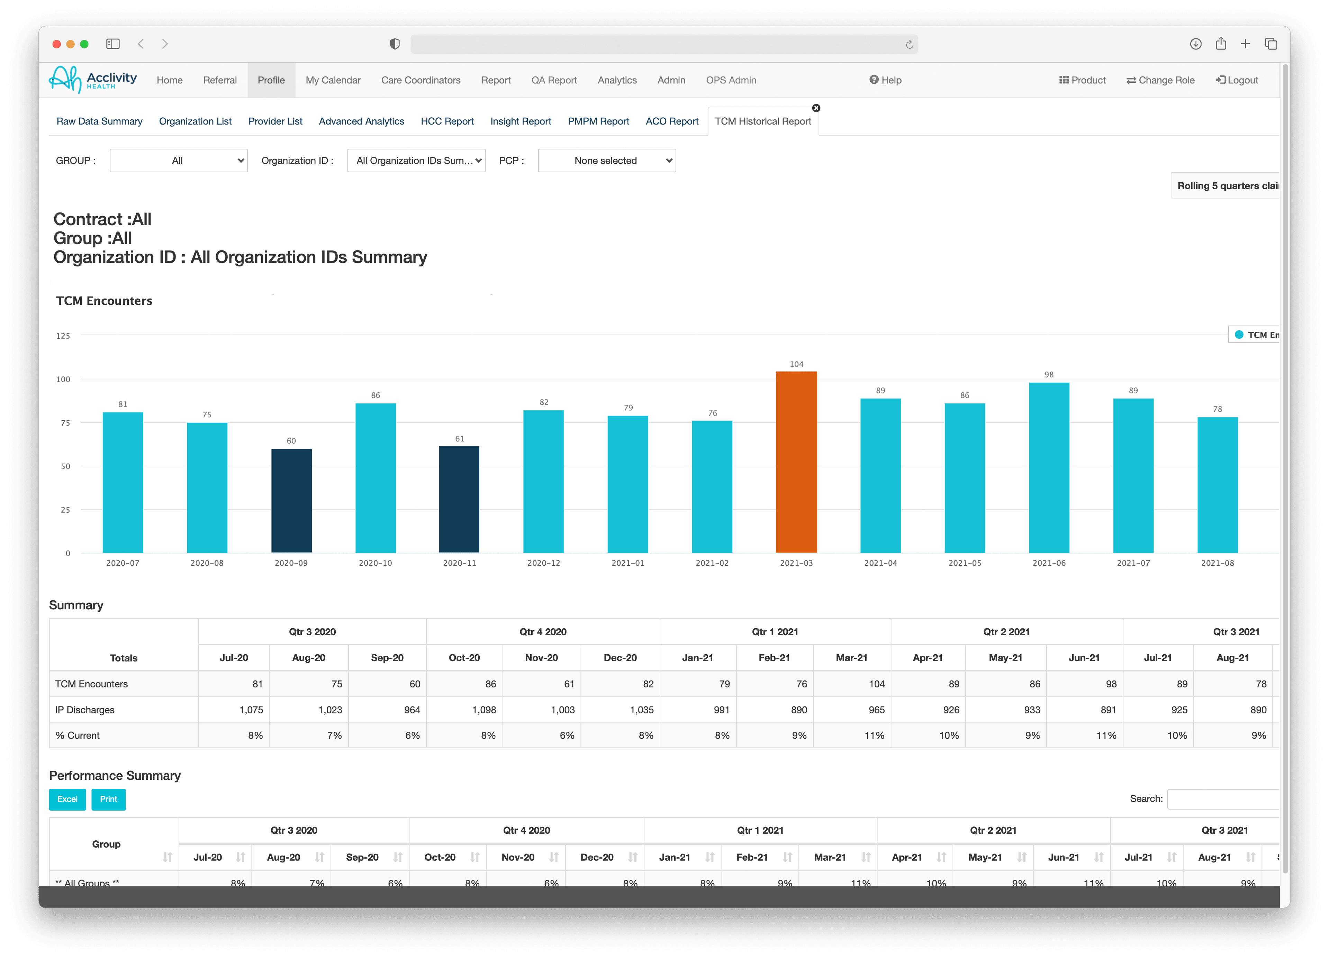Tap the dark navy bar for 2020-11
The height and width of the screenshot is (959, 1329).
click(x=459, y=499)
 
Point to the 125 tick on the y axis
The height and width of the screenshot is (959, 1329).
click(x=63, y=336)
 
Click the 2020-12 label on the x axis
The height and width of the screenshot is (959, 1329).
click(x=543, y=563)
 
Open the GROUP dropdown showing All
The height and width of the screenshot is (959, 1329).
click(x=179, y=161)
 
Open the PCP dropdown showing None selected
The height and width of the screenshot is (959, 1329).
click(x=606, y=161)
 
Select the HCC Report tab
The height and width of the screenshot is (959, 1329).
click(x=447, y=121)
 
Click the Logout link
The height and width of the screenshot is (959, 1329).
click(x=1237, y=80)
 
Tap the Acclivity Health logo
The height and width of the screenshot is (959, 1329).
click(x=93, y=79)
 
